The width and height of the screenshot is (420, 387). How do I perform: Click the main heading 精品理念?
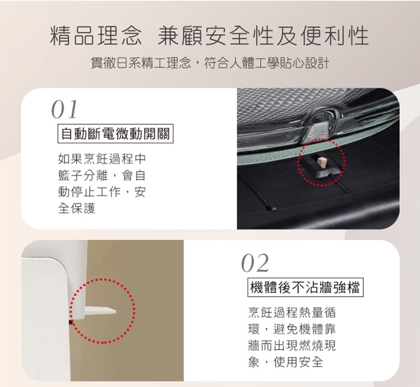(96, 36)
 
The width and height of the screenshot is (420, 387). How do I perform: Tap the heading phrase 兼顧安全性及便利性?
(264, 36)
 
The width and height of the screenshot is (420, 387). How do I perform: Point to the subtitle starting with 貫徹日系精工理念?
(210, 64)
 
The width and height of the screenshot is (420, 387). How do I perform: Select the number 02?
(255, 263)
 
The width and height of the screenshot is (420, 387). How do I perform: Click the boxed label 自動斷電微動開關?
(115, 133)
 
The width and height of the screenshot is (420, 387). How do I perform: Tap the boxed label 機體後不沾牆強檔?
(306, 287)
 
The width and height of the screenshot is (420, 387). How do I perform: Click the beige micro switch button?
(321, 163)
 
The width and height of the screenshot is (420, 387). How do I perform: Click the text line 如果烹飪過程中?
(102, 158)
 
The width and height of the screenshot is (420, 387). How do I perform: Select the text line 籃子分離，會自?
(102, 175)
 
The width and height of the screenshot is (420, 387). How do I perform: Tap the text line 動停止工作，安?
(102, 192)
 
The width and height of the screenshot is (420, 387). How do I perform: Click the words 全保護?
(77, 208)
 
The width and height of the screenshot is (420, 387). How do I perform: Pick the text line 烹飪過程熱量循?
(292, 312)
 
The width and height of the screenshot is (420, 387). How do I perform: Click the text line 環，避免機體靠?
(292, 329)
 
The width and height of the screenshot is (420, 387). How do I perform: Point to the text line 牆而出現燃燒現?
(292, 345)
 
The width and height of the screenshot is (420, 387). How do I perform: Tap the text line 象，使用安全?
(286, 362)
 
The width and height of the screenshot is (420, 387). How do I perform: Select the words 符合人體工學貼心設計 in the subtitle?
(267, 64)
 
